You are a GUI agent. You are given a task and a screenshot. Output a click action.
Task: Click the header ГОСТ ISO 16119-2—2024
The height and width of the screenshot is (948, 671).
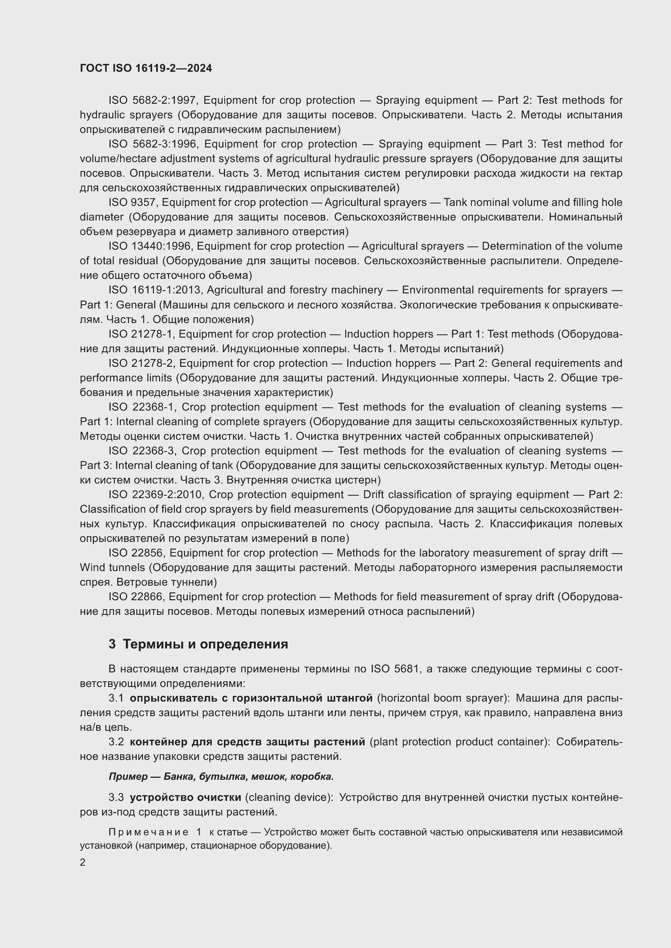pyautogui.click(x=146, y=68)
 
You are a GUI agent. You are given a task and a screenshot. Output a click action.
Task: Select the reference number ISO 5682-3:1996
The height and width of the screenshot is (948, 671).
pyautogui.click(x=154, y=144)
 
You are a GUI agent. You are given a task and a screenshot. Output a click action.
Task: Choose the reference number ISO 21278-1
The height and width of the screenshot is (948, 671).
pyautogui.click(x=140, y=334)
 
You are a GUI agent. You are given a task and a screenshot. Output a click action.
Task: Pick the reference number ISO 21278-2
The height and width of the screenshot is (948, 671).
pyautogui.click(x=141, y=363)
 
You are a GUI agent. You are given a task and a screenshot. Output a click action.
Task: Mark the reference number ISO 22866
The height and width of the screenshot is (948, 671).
pyautogui.click(x=136, y=597)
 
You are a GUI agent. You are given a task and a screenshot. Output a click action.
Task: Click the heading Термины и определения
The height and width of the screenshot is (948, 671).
pyautogui.click(x=205, y=644)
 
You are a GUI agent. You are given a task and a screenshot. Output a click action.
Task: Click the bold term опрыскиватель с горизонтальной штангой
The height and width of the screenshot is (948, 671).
pyautogui.click(x=251, y=698)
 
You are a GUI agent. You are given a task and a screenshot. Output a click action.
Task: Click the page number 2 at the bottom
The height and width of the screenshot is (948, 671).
pyautogui.click(x=83, y=862)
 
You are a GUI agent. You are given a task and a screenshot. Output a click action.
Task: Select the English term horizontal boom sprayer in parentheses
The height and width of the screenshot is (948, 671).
pyautogui.click(x=443, y=698)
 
